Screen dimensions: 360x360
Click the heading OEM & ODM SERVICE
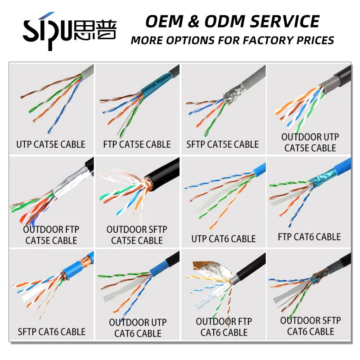232,21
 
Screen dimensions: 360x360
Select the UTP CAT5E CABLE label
51,144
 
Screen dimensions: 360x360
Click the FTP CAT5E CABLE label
137,144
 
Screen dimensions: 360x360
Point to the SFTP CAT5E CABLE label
223,144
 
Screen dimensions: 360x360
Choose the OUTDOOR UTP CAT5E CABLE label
310,142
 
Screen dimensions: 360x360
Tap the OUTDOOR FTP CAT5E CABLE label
51,235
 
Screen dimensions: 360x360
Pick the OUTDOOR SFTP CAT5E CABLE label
137,235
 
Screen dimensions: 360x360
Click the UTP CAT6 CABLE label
223,238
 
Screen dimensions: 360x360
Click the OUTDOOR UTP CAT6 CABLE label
137,328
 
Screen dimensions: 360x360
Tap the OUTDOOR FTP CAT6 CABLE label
224,327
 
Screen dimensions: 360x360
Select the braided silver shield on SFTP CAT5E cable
230,93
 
